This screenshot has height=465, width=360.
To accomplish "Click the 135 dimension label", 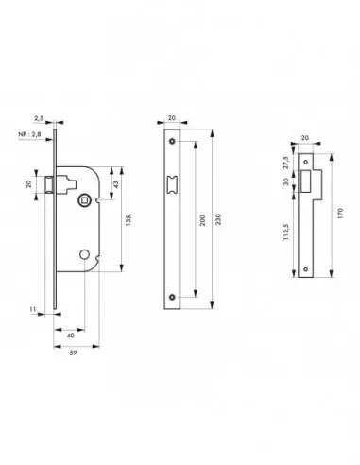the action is tap(128, 220).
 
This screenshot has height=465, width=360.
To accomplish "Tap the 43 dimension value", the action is tap(116, 184).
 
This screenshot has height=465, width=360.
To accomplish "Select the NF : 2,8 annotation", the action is tap(29, 134).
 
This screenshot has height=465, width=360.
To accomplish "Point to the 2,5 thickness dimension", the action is tap(39, 118).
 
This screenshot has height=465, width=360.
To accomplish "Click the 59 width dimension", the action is tap(73, 353).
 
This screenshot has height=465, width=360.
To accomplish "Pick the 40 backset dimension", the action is tap(71, 336).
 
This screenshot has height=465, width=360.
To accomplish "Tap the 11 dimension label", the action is tap(32, 309).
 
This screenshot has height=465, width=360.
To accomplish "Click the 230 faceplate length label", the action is tap(219, 219).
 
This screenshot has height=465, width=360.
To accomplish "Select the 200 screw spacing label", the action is tap(202, 220).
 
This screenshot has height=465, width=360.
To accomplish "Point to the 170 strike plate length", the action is tap(340, 214).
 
